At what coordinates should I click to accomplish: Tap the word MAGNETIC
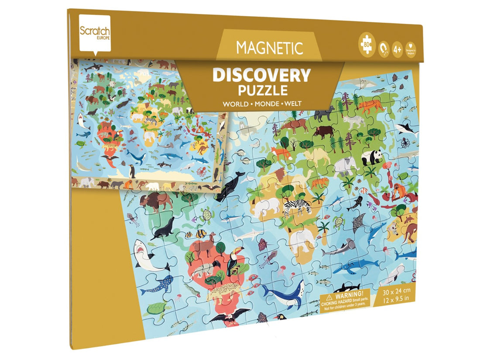pyautogui.click(x=269, y=48)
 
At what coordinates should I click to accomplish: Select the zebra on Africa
pyautogui.click(x=297, y=207)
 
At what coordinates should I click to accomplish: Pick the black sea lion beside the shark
pyautogui.click(x=164, y=228)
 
